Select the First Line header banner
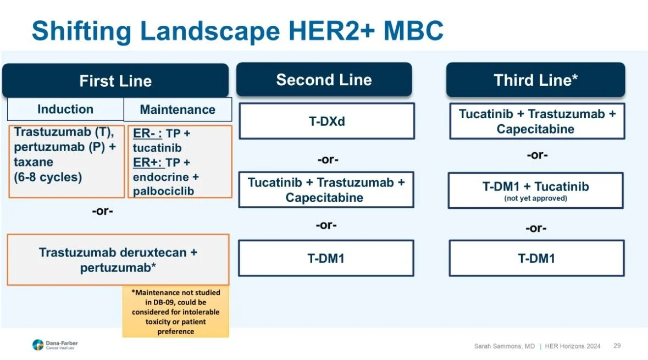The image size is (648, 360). [115, 81]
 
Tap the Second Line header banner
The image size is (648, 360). [324, 80]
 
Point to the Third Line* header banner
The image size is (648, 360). [535, 80]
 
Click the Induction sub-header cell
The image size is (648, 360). [65, 109]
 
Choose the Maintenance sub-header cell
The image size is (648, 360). [178, 109]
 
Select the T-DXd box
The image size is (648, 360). [326, 121]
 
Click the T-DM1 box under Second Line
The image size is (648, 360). [325, 258]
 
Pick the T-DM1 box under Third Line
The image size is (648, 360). [536, 258]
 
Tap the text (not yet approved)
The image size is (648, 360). [535, 198]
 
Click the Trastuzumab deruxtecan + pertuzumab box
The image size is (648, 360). [118, 259]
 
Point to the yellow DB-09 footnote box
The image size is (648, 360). [175, 312]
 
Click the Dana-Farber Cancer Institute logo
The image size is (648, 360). [55, 345]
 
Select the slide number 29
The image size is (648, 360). [617, 346]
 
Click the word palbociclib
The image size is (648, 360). [164, 191]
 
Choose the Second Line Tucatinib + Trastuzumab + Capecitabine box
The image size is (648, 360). [326, 190]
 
